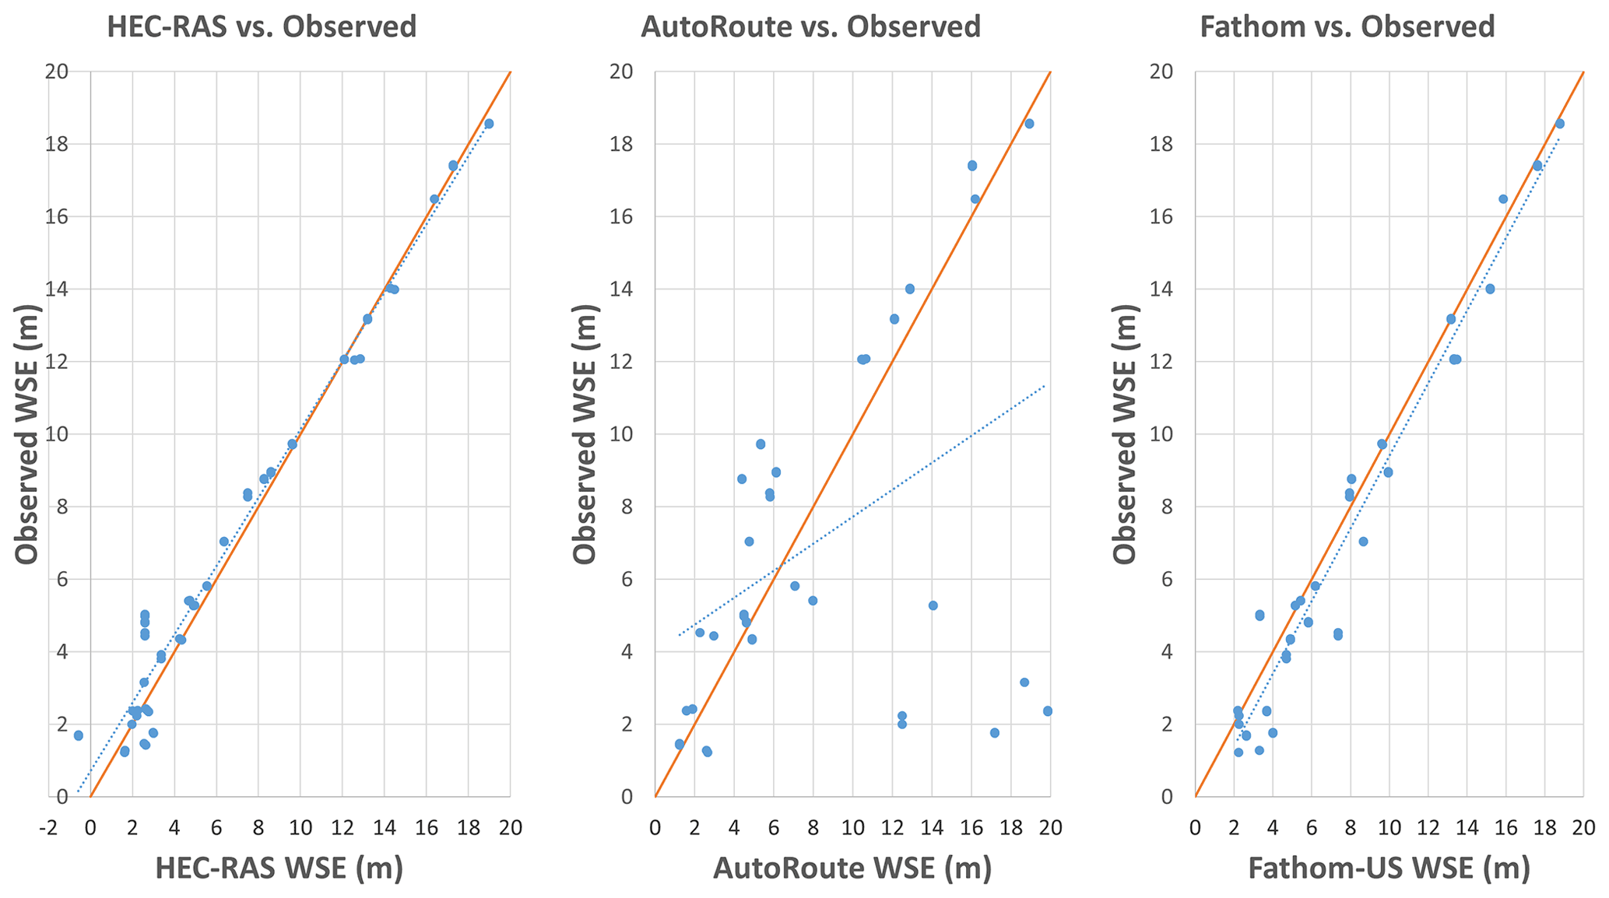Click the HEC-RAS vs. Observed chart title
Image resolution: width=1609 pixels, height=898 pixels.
point(262,27)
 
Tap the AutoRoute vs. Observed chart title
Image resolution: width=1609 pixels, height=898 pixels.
point(810,27)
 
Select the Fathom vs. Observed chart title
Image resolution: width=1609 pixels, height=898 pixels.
point(1347,27)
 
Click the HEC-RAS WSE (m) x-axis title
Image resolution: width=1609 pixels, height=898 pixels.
point(279,868)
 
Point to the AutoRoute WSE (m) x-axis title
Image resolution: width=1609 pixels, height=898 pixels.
point(852,868)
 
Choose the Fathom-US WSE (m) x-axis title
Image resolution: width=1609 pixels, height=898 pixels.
point(1389,868)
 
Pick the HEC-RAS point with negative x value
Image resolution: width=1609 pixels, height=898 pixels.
point(78,735)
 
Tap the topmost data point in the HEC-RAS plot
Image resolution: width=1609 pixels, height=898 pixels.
point(489,124)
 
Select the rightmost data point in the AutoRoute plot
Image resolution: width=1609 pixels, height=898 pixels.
point(1048,711)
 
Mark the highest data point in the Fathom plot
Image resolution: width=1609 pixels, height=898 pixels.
point(1560,124)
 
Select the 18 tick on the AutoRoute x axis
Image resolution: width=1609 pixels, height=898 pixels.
point(1010,827)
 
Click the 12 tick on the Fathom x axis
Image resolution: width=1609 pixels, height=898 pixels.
point(1428,827)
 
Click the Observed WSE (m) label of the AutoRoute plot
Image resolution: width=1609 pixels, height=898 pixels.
point(586,434)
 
